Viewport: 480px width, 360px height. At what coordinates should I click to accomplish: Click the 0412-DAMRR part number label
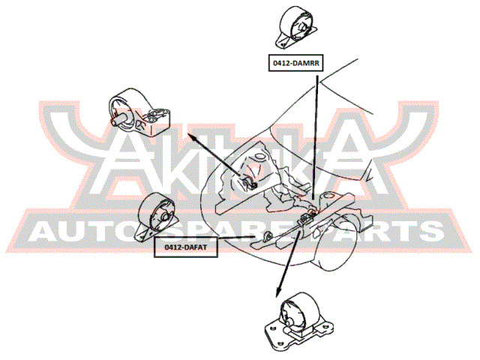pos(295,63)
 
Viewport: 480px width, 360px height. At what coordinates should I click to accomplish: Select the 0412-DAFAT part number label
pos(186,247)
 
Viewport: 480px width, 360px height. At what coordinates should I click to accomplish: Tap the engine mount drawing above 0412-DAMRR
pos(296,28)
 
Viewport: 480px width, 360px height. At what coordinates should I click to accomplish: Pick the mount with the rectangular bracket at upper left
pos(139,112)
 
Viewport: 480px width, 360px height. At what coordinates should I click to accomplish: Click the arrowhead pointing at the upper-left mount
pos(190,136)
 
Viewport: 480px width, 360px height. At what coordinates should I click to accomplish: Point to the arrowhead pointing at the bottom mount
pos(278,292)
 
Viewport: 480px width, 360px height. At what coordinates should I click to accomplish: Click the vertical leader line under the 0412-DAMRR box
pos(315,137)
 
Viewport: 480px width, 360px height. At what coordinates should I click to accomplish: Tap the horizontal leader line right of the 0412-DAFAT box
pos(236,237)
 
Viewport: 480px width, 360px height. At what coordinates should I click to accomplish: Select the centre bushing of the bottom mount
pos(289,321)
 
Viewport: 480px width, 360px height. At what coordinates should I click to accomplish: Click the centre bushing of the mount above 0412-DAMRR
pos(301,28)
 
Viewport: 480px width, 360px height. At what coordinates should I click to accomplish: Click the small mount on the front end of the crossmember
pos(268,236)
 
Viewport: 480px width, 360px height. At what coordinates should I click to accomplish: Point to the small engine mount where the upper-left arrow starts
pos(250,182)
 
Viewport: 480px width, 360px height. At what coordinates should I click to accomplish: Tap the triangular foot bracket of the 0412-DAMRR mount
pos(283,43)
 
